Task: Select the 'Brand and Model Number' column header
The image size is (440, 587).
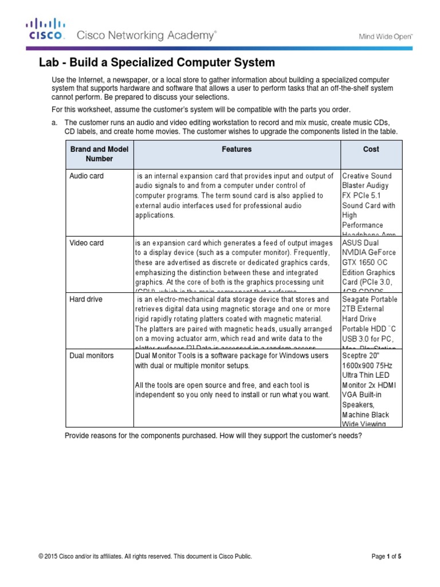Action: click(x=99, y=154)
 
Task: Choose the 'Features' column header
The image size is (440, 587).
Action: click(x=237, y=149)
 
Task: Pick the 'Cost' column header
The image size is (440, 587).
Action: click(x=371, y=149)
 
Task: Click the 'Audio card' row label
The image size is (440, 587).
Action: click(x=87, y=176)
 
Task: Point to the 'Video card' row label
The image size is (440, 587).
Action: click(x=87, y=243)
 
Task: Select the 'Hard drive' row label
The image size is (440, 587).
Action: click(x=86, y=299)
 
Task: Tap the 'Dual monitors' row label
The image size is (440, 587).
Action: click(x=91, y=355)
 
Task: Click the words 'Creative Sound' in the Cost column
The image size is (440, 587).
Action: click(x=367, y=176)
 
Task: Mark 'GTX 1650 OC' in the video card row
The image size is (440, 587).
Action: click(x=365, y=263)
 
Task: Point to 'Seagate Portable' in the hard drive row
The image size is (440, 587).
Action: click(x=369, y=299)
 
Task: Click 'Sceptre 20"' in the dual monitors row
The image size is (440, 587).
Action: click(x=360, y=355)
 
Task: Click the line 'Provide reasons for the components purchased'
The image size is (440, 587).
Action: click(x=213, y=436)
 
